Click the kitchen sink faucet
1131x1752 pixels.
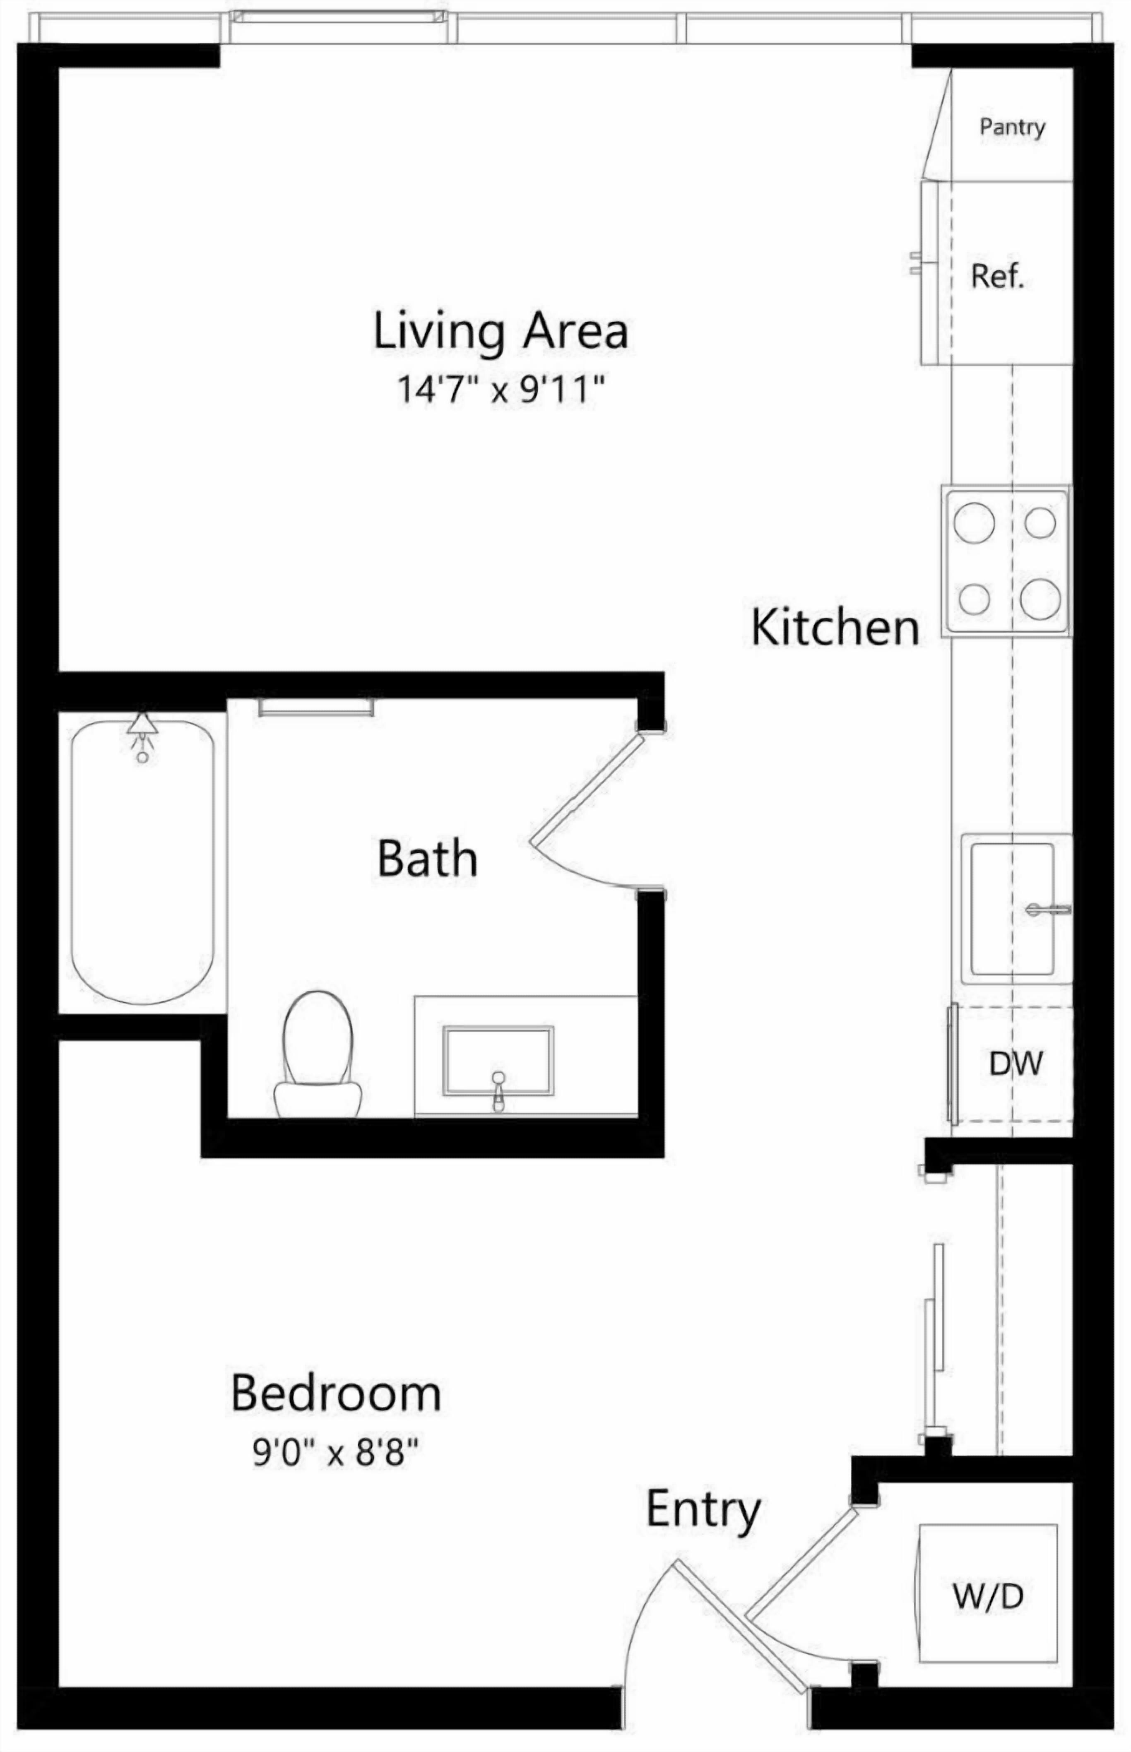[1049, 910]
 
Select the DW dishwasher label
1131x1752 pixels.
[1015, 1063]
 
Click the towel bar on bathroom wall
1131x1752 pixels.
[316, 707]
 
